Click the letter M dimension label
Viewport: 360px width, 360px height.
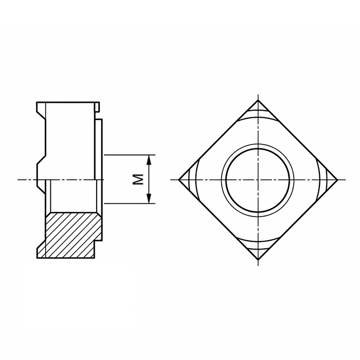138,179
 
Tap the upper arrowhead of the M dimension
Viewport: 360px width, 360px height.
149,160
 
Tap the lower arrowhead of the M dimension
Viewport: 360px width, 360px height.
149,199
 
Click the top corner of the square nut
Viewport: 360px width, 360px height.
258,100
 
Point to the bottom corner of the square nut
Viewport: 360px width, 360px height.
258,259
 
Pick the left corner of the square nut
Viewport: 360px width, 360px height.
178,179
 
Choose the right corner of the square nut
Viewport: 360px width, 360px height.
338,179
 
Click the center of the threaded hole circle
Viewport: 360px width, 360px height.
258,179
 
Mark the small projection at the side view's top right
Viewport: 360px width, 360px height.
97,107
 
